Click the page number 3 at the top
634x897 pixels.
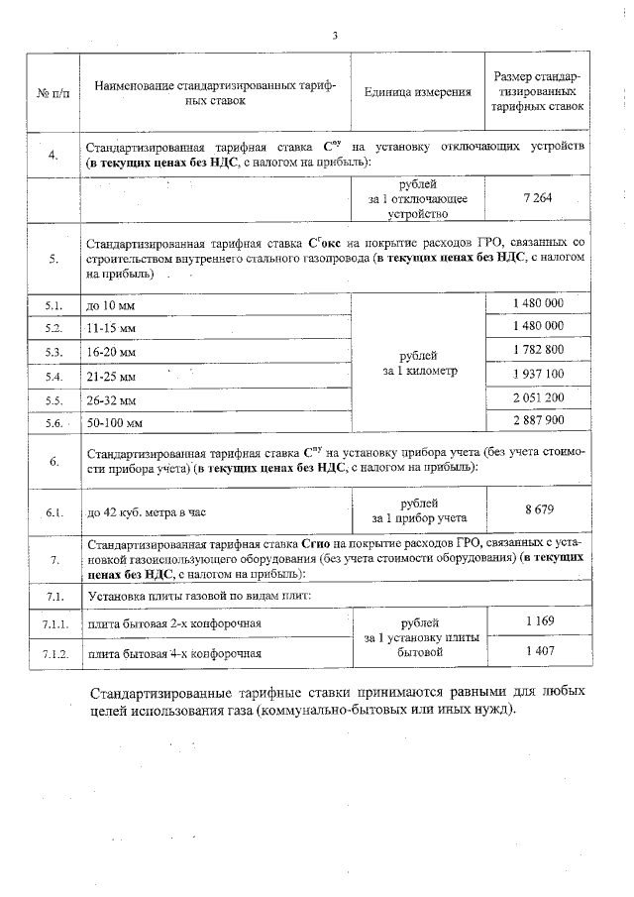(x=335, y=36)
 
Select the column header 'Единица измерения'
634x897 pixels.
(x=417, y=93)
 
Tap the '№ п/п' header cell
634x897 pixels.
(x=52, y=93)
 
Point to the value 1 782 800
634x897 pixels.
(x=539, y=350)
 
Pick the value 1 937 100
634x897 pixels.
(x=539, y=374)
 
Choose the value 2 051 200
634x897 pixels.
(x=539, y=397)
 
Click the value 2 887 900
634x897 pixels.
(x=539, y=421)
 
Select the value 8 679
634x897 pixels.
(x=538, y=509)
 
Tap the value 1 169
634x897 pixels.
(x=538, y=620)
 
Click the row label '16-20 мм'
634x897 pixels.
(x=112, y=352)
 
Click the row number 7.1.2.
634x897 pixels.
(x=54, y=653)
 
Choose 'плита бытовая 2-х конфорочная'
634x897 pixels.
(x=173, y=623)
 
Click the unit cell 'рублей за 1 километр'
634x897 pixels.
(x=417, y=363)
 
